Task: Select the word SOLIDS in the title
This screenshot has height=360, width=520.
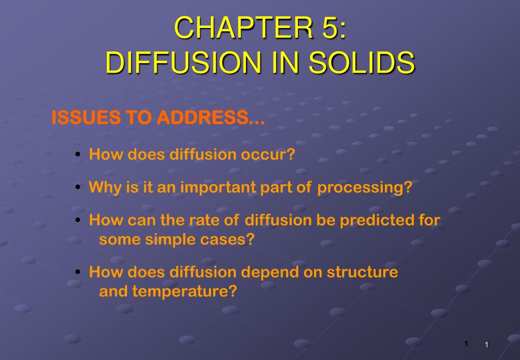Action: pyautogui.click(x=362, y=63)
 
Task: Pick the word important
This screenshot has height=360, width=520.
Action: pyautogui.click(x=219, y=188)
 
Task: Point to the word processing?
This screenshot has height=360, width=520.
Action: pyautogui.click(x=364, y=188)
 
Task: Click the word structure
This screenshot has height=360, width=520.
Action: pyautogui.click(x=362, y=272)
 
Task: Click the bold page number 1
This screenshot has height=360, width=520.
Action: pyautogui.click(x=466, y=344)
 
